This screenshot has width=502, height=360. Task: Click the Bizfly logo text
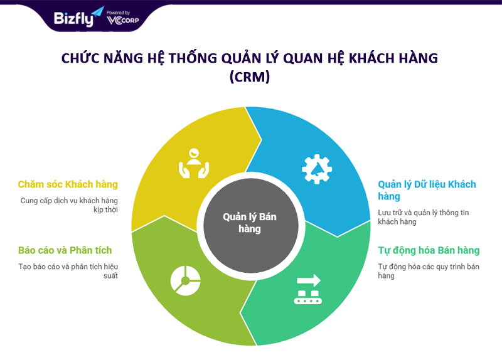[73, 19]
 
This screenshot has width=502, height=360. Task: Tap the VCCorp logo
[123, 21]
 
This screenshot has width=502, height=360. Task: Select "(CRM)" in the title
[250, 77]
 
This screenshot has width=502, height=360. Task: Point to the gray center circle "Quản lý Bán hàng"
[250, 225]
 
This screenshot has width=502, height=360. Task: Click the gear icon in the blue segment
[317, 169]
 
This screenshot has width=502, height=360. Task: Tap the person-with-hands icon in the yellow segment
[194, 163]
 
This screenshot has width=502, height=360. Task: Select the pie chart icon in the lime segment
[185, 280]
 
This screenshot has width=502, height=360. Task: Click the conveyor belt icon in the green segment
[308, 289]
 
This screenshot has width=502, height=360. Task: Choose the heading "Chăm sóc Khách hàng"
[68, 184]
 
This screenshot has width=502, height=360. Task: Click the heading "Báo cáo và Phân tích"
[65, 250]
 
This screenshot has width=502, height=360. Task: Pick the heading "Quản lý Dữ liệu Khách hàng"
[427, 190]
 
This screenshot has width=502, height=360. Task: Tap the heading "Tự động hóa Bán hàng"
[429, 250]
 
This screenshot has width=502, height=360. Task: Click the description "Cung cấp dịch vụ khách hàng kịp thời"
[69, 205]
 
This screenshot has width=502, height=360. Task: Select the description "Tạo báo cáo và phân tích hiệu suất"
[68, 271]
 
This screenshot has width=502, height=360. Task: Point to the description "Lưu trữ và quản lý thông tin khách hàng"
[423, 217]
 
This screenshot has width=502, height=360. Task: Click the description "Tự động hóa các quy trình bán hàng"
[429, 271]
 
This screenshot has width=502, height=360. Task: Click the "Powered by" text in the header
[118, 13]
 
